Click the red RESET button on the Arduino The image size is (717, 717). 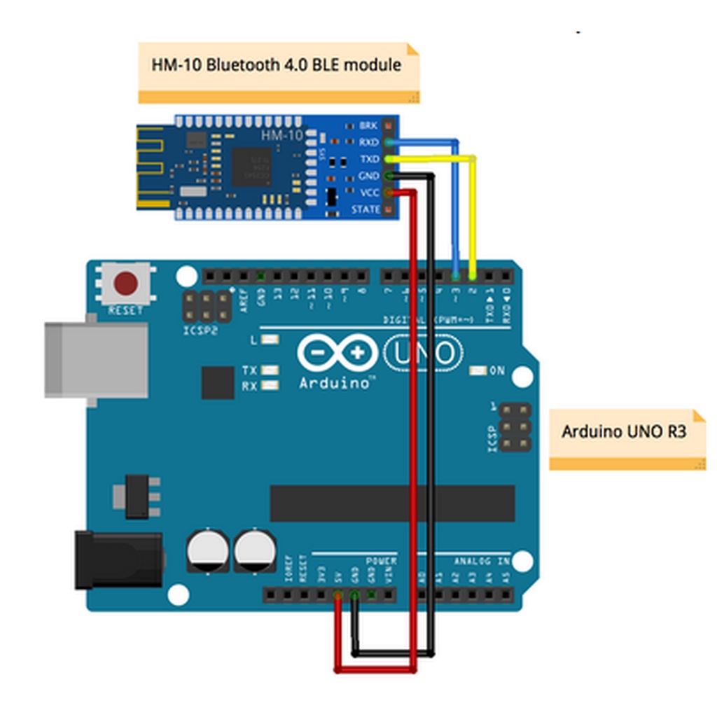pyautogui.click(x=126, y=284)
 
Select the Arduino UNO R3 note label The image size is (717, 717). pyautogui.click(x=625, y=431)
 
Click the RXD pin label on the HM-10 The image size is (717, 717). pyautogui.click(x=368, y=143)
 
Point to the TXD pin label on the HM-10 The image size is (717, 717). pyautogui.click(x=368, y=160)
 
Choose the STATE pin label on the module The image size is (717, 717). pyautogui.click(x=366, y=209)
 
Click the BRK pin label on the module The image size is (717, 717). pyautogui.click(x=368, y=126)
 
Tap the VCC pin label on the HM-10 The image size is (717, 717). pyautogui.click(x=368, y=193)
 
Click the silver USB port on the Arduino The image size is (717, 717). pyautogui.click(x=96, y=360)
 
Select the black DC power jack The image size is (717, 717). pyautogui.click(x=118, y=559)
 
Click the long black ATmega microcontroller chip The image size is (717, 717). pyautogui.click(x=392, y=503)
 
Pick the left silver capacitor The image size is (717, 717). pyautogui.click(x=207, y=550)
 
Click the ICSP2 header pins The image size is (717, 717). pyautogui.click(x=207, y=305)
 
